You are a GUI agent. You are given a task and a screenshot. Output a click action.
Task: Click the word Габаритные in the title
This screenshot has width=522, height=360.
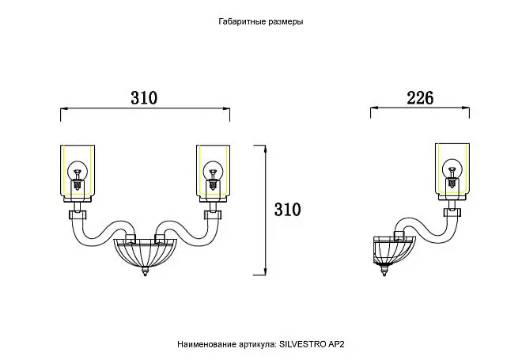(238, 21)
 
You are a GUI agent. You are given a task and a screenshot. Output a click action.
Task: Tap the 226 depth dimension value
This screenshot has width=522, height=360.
(420, 98)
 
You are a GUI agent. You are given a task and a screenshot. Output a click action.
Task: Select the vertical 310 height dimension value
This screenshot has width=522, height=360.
(287, 210)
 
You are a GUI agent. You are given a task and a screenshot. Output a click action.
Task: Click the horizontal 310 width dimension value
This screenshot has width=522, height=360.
(144, 98)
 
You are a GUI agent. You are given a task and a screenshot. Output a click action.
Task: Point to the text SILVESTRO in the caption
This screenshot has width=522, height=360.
(302, 344)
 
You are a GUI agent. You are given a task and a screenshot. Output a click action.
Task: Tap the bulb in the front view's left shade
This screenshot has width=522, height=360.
(78, 175)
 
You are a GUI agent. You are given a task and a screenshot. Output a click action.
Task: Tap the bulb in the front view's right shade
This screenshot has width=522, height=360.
(213, 175)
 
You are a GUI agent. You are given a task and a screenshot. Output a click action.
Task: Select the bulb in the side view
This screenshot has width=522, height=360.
(452, 172)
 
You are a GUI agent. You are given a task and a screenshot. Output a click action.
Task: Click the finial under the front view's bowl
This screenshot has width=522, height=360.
(145, 271)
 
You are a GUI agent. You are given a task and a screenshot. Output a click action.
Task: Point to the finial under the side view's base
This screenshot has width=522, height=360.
(384, 270)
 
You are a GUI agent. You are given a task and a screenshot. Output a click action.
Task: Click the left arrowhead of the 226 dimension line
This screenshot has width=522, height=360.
(373, 108)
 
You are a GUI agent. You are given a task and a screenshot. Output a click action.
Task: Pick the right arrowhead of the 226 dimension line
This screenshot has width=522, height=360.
(466, 108)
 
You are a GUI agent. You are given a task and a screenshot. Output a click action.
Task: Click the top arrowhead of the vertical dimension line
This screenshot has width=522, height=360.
(265, 149)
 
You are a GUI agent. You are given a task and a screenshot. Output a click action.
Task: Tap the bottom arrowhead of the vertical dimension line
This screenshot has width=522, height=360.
(265, 271)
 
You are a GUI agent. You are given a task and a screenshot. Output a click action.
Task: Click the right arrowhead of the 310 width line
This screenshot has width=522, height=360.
(226, 108)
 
